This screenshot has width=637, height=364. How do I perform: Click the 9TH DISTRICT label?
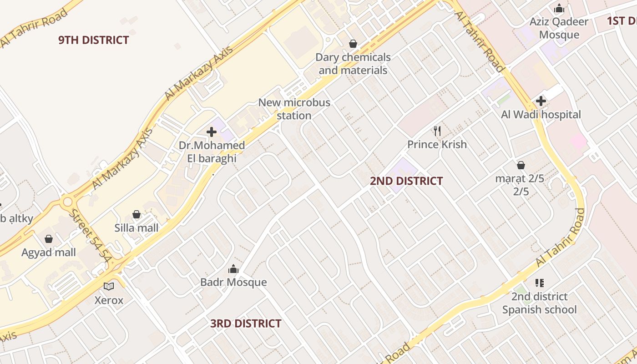point(94,40)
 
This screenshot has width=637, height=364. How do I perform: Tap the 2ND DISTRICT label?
point(406,181)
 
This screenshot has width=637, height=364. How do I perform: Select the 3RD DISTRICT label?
point(246,324)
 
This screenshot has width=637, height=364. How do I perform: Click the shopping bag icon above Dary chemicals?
point(353,44)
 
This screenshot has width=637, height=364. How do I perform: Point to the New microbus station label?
point(294,109)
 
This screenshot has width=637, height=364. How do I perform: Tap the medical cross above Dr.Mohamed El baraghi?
point(212,132)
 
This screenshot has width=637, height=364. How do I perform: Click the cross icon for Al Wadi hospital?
point(541,101)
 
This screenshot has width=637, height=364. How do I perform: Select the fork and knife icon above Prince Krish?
point(437,131)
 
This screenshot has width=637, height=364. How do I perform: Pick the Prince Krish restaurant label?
point(437,145)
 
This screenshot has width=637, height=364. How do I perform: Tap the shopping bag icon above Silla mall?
point(136,214)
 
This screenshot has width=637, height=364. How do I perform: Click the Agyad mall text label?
point(49,253)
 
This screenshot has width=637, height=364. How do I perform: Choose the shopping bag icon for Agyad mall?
point(49,239)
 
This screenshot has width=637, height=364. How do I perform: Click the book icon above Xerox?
point(109,287)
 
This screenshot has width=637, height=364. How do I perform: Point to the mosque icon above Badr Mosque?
point(233,269)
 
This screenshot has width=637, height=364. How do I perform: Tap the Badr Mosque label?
point(233,282)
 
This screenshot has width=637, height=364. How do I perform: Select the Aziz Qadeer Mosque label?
point(559,28)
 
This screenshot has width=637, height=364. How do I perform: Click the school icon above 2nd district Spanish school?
point(540,283)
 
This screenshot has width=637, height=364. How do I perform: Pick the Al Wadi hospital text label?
point(541,115)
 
